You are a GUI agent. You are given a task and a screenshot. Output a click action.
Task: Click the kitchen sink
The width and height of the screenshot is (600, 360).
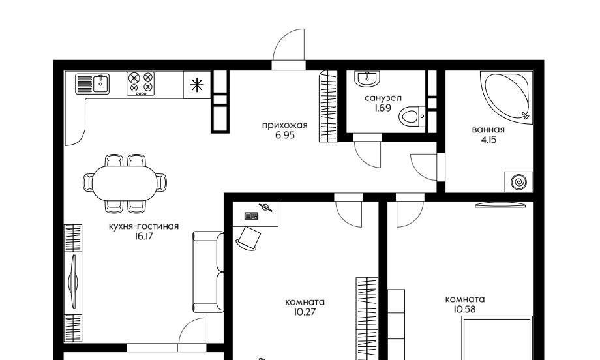(x=93, y=83)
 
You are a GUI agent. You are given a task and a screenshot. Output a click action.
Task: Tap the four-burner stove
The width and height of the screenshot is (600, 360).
(x=141, y=83)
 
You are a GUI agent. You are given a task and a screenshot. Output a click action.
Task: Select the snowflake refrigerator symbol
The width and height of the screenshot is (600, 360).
(x=197, y=85)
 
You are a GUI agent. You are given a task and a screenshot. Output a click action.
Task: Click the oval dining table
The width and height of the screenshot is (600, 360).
(x=125, y=183)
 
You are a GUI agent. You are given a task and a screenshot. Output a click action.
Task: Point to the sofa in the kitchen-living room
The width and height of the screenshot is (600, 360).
(x=208, y=271)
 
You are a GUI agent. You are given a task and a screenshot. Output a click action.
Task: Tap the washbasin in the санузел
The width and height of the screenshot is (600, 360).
(x=367, y=78)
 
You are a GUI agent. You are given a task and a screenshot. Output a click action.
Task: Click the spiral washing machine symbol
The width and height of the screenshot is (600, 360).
(x=518, y=182)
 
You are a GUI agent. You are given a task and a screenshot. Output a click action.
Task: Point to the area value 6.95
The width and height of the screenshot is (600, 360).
(x=285, y=135)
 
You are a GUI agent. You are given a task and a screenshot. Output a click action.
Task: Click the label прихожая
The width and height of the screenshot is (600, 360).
(x=285, y=125)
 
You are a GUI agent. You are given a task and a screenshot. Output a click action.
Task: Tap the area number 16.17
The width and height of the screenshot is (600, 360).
(x=143, y=237)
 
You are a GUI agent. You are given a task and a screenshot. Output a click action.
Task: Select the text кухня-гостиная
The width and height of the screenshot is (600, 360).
(x=143, y=226)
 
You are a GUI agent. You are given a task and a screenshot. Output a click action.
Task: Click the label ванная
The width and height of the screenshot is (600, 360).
(x=488, y=130)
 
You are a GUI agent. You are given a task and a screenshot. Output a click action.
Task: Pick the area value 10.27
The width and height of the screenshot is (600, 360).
(x=305, y=312)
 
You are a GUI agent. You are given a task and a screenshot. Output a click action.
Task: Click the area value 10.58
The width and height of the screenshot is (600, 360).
(x=464, y=310)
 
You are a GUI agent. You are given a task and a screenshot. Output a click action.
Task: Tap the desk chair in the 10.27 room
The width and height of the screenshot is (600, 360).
(x=248, y=238)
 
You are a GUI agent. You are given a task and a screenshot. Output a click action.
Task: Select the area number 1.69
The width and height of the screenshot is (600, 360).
(x=383, y=108)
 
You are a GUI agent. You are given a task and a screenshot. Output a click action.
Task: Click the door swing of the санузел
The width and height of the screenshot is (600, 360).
(x=367, y=155)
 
